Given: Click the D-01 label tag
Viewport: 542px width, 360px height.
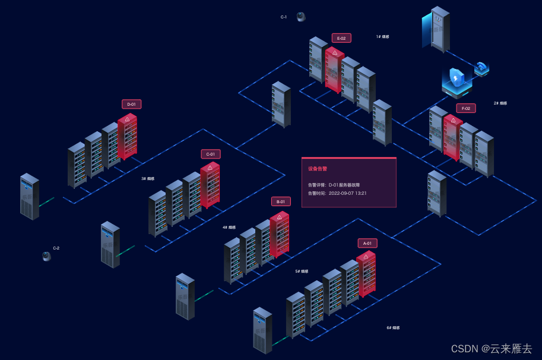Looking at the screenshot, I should pyautogui.click(x=131, y=104).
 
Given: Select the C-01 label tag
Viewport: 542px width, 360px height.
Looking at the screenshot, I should pyautogui.click(x=210, y=154).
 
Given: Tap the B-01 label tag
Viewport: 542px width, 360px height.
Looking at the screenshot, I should pyautogui.click(x=281, y=201).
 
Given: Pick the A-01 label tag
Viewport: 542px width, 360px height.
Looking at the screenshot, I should pyautogui.click(x=367, y=243).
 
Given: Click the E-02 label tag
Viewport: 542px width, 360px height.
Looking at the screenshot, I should pyautogui.click(x=341, y=38).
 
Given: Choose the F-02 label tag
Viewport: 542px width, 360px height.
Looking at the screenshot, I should pyautogui.click(x=466, y=108).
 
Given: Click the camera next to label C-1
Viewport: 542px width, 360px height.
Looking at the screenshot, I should pyautogui.click(x=301, y=17).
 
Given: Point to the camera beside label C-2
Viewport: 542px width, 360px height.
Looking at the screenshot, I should pyautogui.click(x=47, y=256).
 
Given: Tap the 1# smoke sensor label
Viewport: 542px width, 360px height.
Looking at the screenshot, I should pyautogui.click(x=383, y=37).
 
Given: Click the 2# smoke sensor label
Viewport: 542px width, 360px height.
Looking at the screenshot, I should pyautogui.click(x=500, y=103).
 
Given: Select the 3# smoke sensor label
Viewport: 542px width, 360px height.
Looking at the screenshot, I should pyautogui.click(x=148, y=178).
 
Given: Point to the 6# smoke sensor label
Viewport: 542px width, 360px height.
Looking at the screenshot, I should pyautogui.click(x=393, y=328).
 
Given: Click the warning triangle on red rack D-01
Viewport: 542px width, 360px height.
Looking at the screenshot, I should pyautogui.click(x=127, y=119).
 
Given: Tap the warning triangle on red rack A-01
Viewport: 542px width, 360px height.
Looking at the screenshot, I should pyautogui.click(x=366, y=257).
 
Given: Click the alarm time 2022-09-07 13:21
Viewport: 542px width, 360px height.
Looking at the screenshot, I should pyautogui.click(x=347, y=193).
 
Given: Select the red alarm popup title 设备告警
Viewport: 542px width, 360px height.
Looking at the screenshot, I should pyautogui.click(x=318, y=169).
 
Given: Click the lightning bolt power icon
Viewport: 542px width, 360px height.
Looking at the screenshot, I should pyautogui.click(x=456, y=77).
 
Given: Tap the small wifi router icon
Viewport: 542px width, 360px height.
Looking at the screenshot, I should pyautogui.click(x=481, y=68).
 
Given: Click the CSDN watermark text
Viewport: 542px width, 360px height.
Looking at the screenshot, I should pyautogui.click(x=492, y=349).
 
